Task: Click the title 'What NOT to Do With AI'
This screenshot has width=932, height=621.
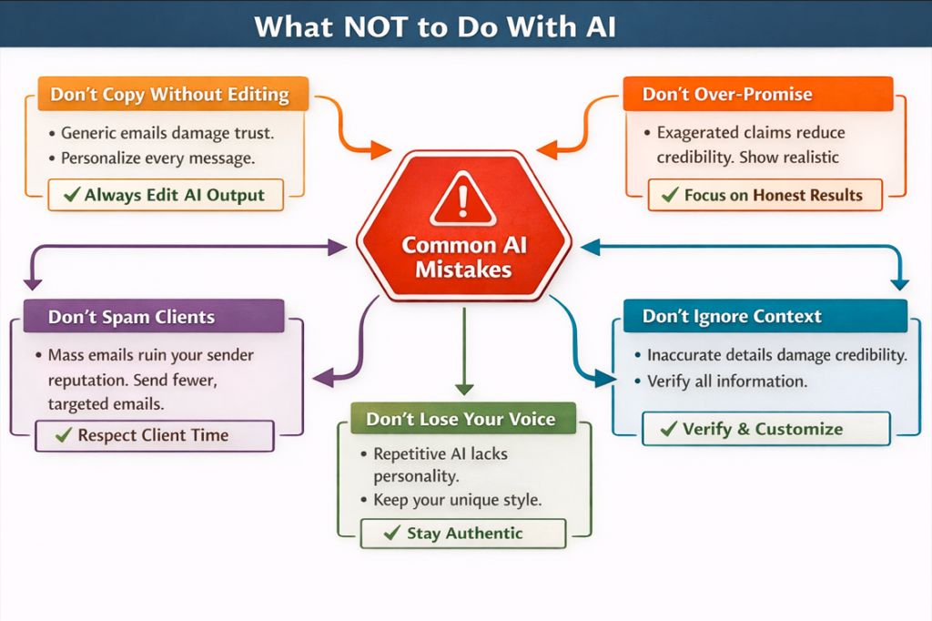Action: tap(435, 26)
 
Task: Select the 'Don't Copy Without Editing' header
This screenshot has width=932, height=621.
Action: tap(170, 95)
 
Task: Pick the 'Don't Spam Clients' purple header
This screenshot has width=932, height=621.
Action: tap(133, 318)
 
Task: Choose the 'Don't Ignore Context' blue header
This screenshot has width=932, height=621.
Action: tap(732, 317)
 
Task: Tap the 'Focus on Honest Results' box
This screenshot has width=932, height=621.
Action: tap(765, 195)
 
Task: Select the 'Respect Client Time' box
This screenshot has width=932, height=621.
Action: tap(153, 435)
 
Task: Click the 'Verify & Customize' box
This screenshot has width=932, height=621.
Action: tap(765, 429)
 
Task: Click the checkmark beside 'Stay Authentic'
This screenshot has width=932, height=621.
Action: tap(392, 534)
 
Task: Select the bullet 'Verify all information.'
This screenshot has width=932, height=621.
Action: tap(726, 382)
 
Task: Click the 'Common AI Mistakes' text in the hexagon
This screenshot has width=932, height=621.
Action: tap(463, 258)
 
